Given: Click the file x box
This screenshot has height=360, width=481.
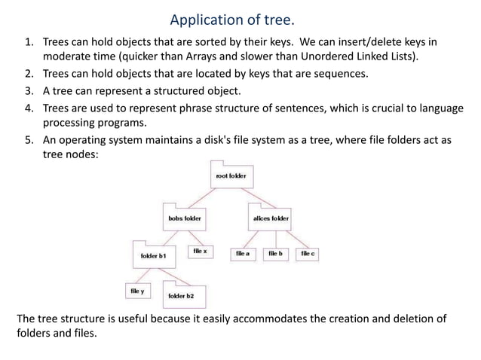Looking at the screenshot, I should (x=200, y=252).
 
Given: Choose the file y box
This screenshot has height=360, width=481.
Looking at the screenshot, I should (x=138, y=290).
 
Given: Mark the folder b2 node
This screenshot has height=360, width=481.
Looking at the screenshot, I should (x=181, y=294).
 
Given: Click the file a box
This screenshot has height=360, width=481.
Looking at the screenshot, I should (x=242, y=255).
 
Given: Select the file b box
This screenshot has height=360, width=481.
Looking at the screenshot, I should (x=275, y=255).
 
